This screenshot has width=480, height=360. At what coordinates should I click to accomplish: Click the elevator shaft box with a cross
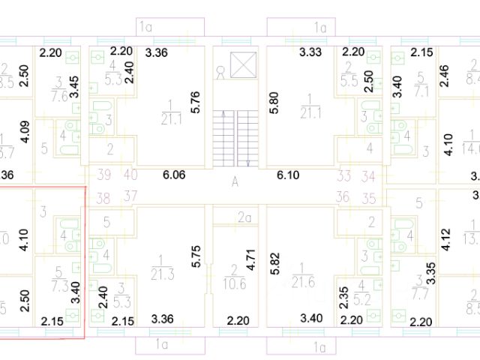(x=244, y=64)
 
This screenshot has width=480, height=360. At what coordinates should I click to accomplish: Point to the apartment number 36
(x=344, y=198)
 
